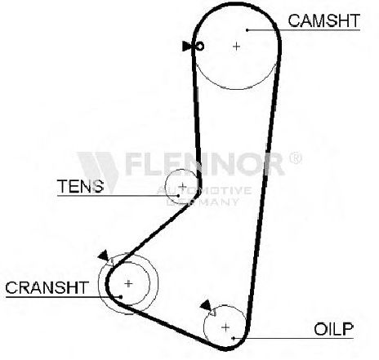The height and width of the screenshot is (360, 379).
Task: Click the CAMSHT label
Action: [324, 20]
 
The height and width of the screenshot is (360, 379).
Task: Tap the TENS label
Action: [80, 186]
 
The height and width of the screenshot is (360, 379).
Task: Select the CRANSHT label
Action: [47, 287]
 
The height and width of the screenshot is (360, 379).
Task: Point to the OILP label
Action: [333, 329]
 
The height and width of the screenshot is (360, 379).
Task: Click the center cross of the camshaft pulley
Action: [236, 47]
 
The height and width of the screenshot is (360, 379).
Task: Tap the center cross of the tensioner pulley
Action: [183, 186]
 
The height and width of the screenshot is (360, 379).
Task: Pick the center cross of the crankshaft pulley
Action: [128, 284]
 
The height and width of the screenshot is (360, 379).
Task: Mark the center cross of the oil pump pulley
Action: [225, 327]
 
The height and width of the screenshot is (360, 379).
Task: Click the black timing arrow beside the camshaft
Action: [186, 46]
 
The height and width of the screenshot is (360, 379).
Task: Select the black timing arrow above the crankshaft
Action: [104, 256]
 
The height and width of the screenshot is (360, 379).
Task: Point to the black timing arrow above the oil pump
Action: [206, 304]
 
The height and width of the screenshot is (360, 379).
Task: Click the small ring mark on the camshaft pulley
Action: [200, 47]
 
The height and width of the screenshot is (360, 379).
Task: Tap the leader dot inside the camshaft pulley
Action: [247, 30]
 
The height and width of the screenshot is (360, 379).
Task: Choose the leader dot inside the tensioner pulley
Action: [178, 195]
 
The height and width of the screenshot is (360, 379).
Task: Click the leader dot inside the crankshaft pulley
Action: [121, 296]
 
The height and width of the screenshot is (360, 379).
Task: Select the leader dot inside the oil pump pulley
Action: [234, 338]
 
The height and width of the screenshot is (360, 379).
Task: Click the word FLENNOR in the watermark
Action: [205, 164]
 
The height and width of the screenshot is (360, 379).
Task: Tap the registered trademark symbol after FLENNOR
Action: [295, 158]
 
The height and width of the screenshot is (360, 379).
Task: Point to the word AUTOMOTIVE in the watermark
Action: [204, 190]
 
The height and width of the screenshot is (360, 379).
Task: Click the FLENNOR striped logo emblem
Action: [98, 170]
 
